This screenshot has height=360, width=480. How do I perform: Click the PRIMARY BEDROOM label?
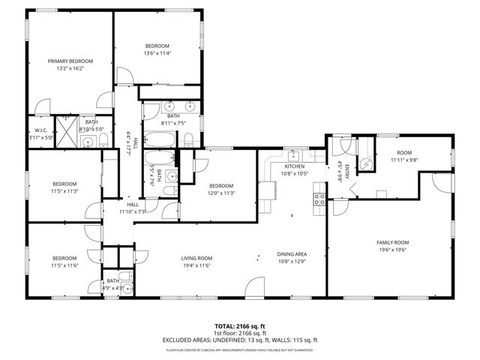point(70,61)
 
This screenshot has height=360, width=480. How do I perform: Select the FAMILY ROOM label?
point(391,242)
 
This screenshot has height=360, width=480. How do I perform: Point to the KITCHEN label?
point(293,166)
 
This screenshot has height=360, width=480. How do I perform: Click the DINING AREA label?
point(292,254)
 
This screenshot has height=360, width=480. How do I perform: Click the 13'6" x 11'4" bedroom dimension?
point(158,53)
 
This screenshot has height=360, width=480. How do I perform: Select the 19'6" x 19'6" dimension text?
point(391,250)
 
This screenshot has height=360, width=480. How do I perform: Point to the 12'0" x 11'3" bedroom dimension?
point(222,193)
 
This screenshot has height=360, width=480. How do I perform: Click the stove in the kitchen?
point(319,199)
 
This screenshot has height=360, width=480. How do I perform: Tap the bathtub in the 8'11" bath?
point(158,139)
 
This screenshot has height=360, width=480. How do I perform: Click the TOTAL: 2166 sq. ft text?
point(240,326)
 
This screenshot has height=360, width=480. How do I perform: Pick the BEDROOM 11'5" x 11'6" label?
point(64,262)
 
